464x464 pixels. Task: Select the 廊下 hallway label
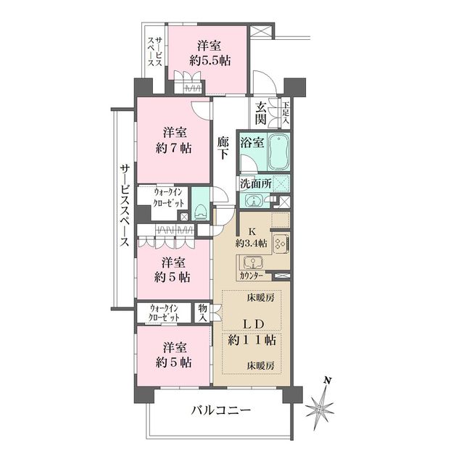tap(225, 149)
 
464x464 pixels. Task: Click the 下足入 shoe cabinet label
tap(286, 112)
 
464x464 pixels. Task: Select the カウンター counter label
tap(252, 276)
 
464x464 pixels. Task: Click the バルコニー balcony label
tap(221, 411)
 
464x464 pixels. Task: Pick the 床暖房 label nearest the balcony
tap(260, 365)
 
